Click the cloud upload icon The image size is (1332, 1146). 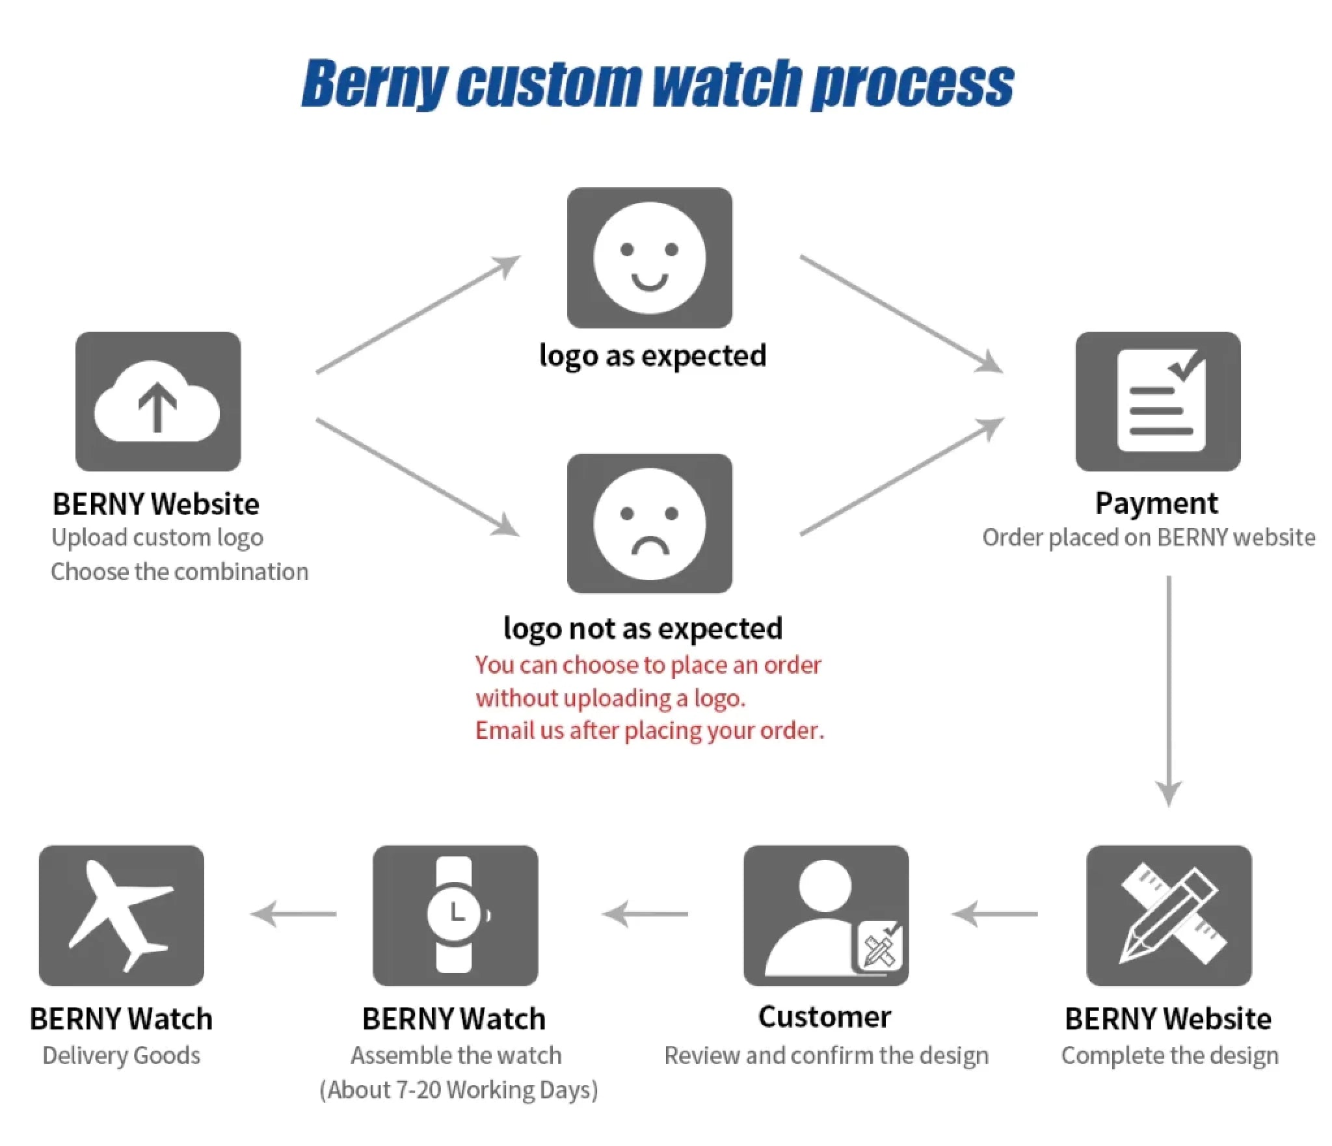pyautogui.click(x=157, y=401)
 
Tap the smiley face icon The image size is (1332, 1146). pyautogui.click(x=649, y=258)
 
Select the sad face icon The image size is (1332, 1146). pyautogui.click(x=649, y=524)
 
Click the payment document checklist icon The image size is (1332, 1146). pyautogui.click(x=1158, y=401)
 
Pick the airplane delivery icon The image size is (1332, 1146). pyautogui.click(x=122, y=915)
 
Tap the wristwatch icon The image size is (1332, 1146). pyautogui.click(x=455, y=915)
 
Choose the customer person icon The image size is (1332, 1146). pyautogui.click(x=826, y=915)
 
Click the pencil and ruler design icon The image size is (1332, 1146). pyautogui.click(x=1169, y=915)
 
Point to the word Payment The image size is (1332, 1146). pyautogui.click(x=1156, y=503)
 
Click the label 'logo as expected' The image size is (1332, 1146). pyautogui.click(x=652, y=356)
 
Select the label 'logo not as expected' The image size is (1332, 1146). pyautogui.click(x=643, y=628)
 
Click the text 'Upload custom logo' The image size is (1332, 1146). pyautogui.click(x=157, y=538)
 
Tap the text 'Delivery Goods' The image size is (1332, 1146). pyautogui.click(x=122, y=1055)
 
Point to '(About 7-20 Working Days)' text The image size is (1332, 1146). pyautogui.click(x=459, y=1089)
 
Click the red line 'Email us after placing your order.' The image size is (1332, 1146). pyautogui.click(x=649, y=730)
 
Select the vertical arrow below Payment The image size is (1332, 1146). pyautogui.click(x=1169, y=689)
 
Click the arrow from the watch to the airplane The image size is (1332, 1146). pyautogui.click(x=294, y=914)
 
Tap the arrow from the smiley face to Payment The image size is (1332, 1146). pyautogui.click(x=901, y=313)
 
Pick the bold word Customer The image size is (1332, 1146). pyautogui.click(x=825, y=1017)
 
